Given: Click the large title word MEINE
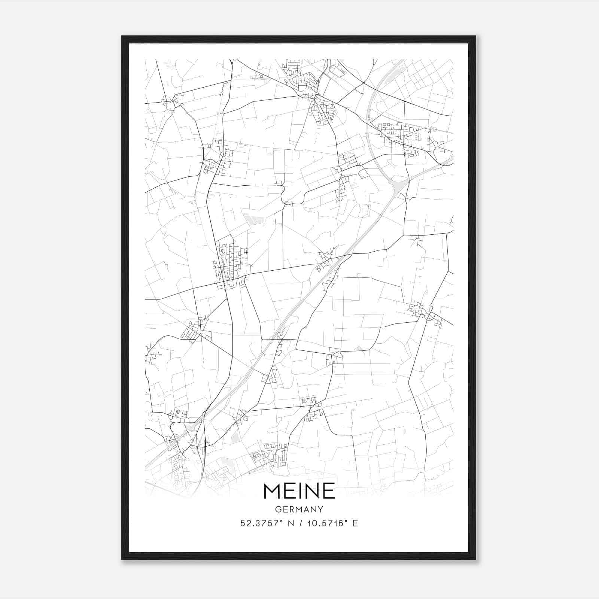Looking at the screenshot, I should coord(299,491).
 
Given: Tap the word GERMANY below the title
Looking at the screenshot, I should coord(299,510).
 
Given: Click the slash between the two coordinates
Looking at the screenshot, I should coord(300,523).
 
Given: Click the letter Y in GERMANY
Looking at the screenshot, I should coord(320,510).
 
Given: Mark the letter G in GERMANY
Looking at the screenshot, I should coord(277,510).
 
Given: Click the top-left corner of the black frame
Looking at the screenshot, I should coord(122,37).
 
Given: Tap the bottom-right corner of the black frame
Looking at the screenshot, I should coord(475,559).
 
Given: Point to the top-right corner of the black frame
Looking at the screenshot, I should coord(475,37).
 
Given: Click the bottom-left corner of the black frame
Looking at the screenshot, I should coord(122,559).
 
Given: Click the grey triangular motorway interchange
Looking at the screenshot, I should coord(399,185).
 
